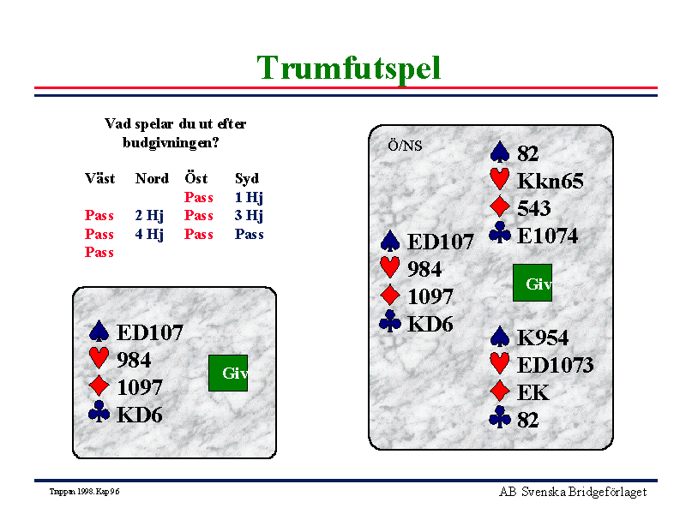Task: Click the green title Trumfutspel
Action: pos(348,69)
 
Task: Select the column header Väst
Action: pos(99,178)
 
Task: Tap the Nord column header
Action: pos(152,178)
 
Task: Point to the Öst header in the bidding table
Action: pos(196,178)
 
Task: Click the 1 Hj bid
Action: pos(249,198)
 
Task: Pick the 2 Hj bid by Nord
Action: pos(149,216)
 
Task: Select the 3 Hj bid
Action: pos(249,216)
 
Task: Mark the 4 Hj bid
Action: pos(149,234)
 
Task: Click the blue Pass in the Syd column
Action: pos(249,234)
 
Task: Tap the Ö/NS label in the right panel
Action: pos(405,146)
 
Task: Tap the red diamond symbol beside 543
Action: pos(500,206)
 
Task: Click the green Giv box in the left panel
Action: pos(228,373)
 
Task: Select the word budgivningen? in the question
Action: pos(171,143)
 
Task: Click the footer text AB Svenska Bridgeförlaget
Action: pos(573,492)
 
